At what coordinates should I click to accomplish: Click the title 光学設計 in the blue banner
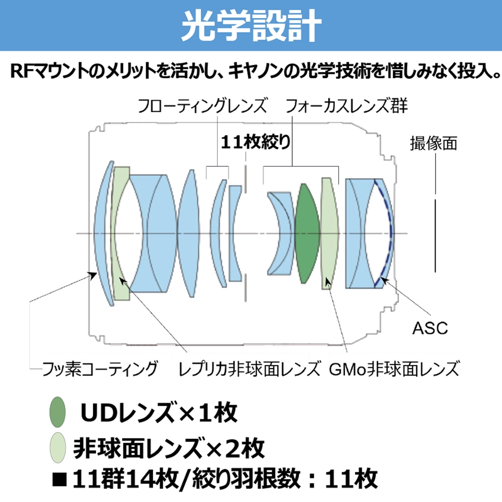(252, 25)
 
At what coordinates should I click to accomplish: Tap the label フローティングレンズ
(202, 105)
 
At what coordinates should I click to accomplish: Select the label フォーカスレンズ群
(346, 105)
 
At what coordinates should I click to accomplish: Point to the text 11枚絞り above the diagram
(256, 142)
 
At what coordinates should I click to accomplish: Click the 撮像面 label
(434, 143)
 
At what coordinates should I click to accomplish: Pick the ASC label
(430, 328)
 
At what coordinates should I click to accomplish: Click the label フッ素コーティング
(100, 368)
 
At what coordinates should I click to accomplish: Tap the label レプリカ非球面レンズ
(249, 368)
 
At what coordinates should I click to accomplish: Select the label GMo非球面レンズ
(394, 368)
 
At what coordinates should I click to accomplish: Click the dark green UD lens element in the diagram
(307, 233)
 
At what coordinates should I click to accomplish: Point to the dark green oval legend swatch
(58, 412)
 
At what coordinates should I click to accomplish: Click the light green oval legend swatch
(58, 448)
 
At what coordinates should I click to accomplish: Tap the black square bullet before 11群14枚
(60, 479)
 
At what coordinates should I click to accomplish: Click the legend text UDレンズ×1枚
(159, 412)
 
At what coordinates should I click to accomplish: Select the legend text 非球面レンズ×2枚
(169, 448)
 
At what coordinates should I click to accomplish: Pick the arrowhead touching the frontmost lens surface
(93, 275)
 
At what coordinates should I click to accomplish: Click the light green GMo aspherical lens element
(330, 233)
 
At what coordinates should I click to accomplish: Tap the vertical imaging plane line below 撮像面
(435, 236)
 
